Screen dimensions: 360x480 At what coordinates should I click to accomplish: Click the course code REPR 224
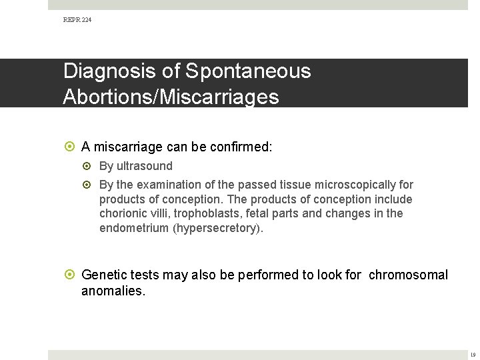(x=78, y=20)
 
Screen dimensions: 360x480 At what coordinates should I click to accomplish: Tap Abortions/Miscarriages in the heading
(x=171, y=97)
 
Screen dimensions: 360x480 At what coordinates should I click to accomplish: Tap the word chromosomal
(x=408, y=275)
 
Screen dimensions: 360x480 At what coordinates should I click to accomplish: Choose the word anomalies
(x=112, y=291)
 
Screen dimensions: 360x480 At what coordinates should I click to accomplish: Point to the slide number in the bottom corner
(x=473, y=355)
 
